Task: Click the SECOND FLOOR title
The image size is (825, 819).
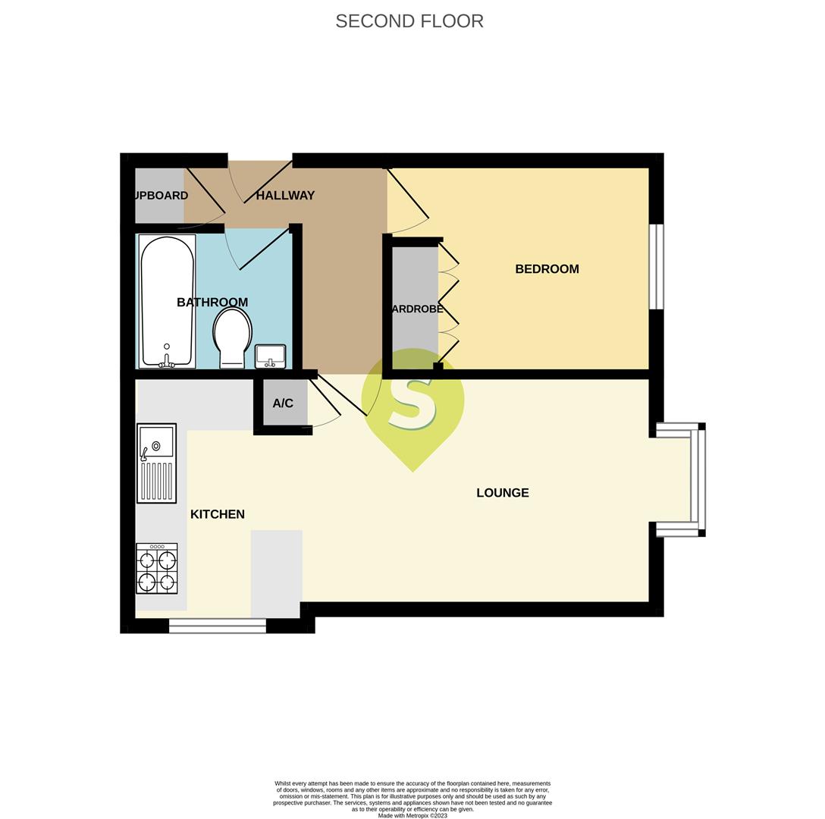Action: (x=409, y=21)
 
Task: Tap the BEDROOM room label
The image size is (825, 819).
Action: (x=547, y=269)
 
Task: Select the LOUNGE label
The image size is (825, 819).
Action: (x=502, y=493)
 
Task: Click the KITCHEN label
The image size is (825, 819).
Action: (x=217, y=514)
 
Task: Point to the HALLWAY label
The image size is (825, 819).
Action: (x=285, y=196)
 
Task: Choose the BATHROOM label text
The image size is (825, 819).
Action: (x=212, y=303)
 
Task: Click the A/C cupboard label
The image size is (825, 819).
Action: (x=283, y=403)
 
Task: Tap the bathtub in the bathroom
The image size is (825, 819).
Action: (x=167, y=302)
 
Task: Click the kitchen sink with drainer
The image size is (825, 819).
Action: (x=156, y=463)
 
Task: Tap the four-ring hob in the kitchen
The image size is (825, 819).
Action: (x=157, y=569)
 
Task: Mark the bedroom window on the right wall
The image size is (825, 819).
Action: (x=657, y=266)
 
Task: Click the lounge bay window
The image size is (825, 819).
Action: (x=698, y=480)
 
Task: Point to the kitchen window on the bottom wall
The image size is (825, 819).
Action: (x=217, y=626)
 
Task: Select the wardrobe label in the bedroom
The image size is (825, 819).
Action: (x=416, y=309)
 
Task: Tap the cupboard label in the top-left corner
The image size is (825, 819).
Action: (x=161, y=196)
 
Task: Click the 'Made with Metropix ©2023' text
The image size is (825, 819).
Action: (x=412, y=815)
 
